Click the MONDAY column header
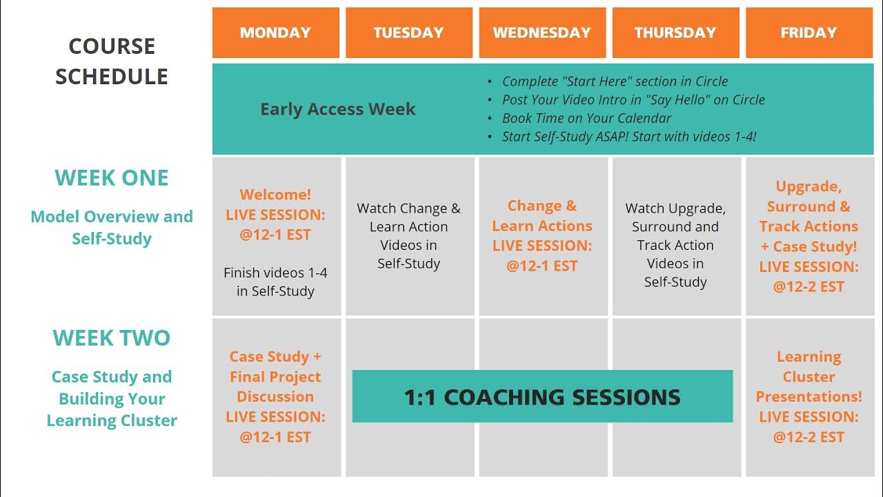click(275, 32)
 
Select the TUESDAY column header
click(408, 32)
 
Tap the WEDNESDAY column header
click(542, 32)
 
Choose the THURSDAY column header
click(675, 32)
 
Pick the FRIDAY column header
click(808, 32)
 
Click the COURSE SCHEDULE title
click(112, 61)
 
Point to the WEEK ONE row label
click(112, 178)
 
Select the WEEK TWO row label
click(112, 338)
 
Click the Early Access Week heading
click(337, 109)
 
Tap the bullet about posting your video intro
click(633, 99)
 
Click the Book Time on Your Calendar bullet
click(586, 118)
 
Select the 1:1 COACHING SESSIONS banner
click(542, 397)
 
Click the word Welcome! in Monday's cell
click(275, 195)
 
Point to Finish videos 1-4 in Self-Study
click(275, 282)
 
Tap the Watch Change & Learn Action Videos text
click(408, 235)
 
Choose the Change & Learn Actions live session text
click(542, 235)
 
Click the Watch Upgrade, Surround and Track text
click(675, 244)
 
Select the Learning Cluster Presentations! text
click(808, 377)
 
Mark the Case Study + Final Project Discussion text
click(275, 377)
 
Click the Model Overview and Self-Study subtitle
click(112, 227)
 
